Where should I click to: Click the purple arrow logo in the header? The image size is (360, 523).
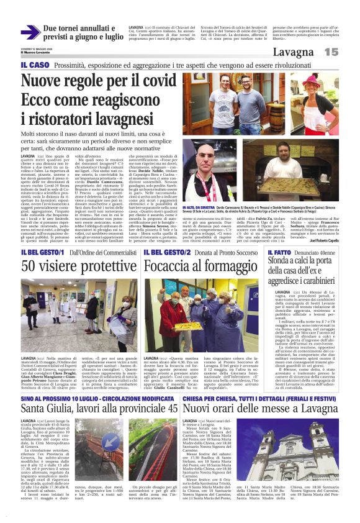pyautogui.click(x=30, y=32)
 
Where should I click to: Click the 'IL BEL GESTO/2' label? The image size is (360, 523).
pyautogui.click(x=166, y=253)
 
